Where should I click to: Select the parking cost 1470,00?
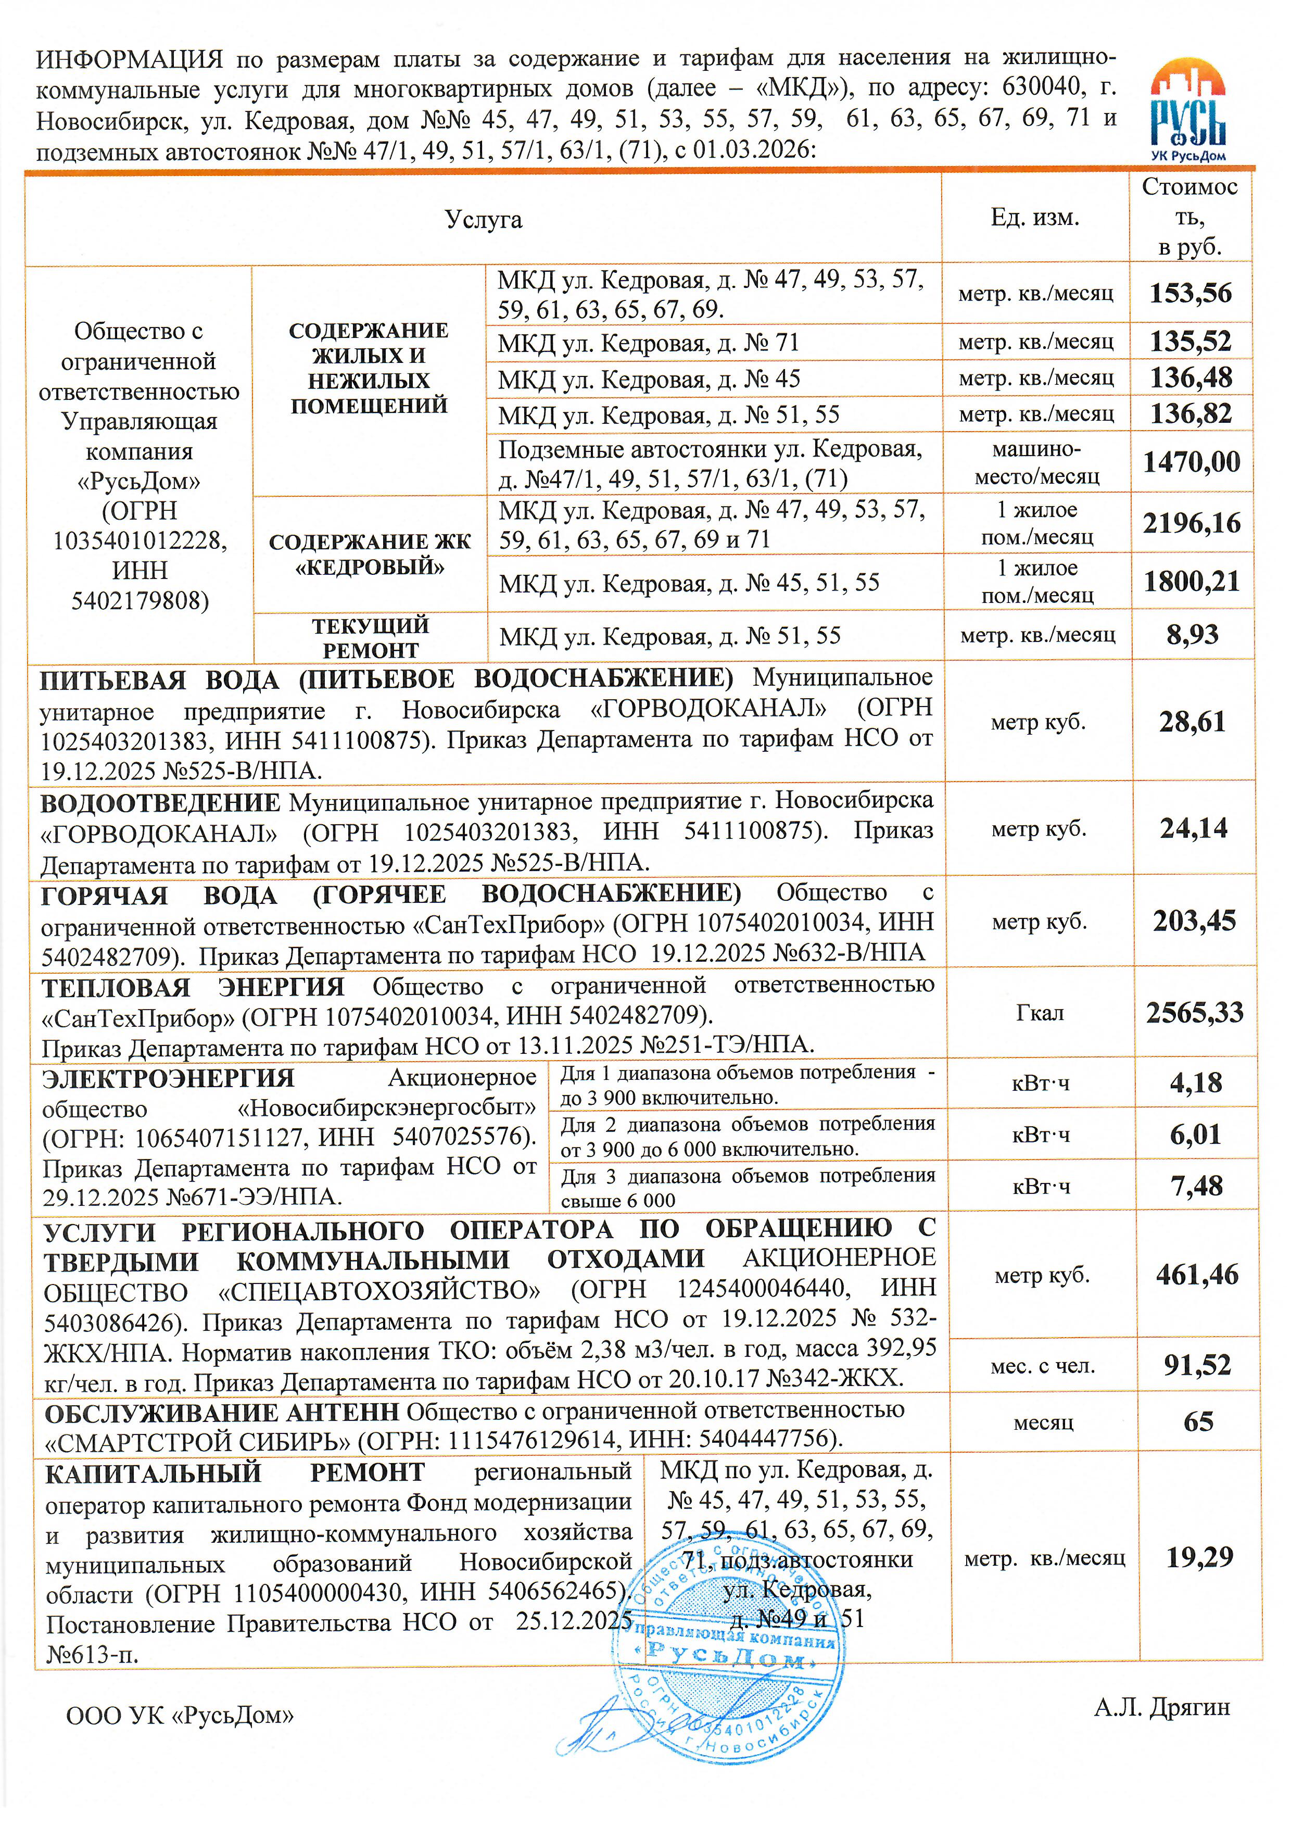[x=1191, y=462]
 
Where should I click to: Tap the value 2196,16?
[x=1191, y=523]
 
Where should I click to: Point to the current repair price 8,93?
[x=1191, y=635]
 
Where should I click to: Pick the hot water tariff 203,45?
[x=1194, y=921]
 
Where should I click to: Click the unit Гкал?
[x=1039, y=1013]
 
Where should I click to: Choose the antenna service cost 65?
[x=1198, y=1421]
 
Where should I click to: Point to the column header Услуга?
[x=483, y=220]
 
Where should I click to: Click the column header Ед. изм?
[x=1034, y=218]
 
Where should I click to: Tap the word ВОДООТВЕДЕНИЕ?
[x=160, y=803]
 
